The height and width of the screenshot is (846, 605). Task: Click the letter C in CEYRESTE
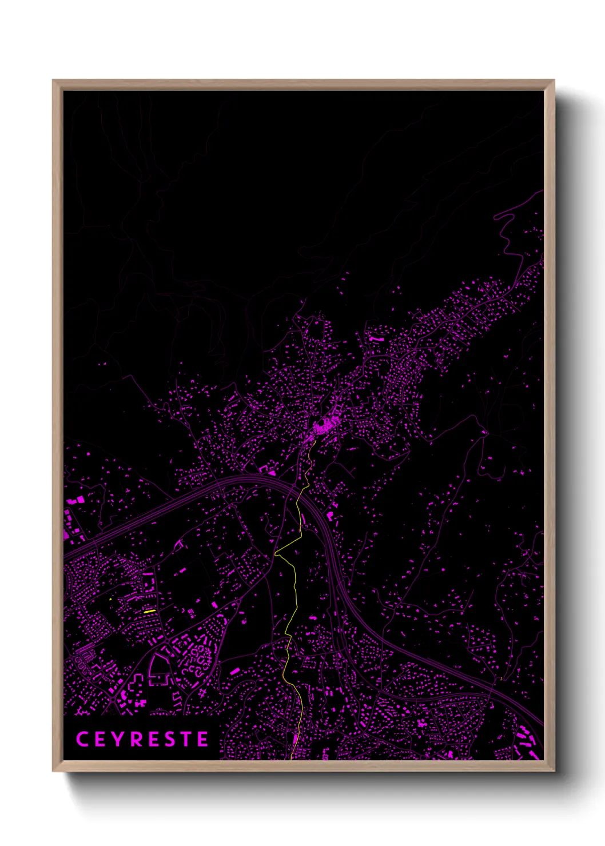click(x=82, y=739)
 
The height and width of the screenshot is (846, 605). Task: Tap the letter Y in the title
click(x=119, y=739)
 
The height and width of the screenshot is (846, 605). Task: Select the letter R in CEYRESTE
click(x=137, y=739)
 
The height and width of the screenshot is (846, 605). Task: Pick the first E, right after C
click(x=101, y=739)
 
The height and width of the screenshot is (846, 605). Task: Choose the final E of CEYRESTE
click(x=203, y=739)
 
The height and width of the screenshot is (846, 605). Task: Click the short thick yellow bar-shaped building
click(x=150, y=611)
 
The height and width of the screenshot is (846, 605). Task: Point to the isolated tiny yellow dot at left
click(x=110, y=599)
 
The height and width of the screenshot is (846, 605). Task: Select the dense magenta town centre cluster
click(x=324, y=425)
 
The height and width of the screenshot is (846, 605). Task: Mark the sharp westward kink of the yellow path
click(x=276, y=554)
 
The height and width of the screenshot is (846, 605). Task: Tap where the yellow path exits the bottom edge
click(x=292, y=759)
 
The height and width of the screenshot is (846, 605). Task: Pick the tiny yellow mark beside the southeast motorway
click(x=501, y=679)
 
